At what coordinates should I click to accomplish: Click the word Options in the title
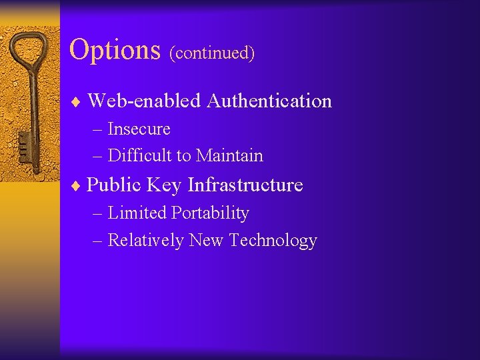click(x=115, y=49)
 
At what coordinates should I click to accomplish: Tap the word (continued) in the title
click(x=212, y=53)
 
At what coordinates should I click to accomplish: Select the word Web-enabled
click(x=143, y=101)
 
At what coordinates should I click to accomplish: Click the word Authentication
click(x=269, y=101)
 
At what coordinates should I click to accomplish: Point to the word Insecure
click(x=139, y=129)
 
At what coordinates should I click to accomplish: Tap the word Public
click(x=115, y=185)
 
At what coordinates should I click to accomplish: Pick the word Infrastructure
click(x=245, y=185)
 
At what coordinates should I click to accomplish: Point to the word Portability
click(x=210, y=214)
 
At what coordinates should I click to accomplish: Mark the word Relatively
click(x=145, y=240)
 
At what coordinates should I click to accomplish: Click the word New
click(x=206, y=240)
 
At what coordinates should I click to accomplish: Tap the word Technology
click(x=273, y=241)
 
